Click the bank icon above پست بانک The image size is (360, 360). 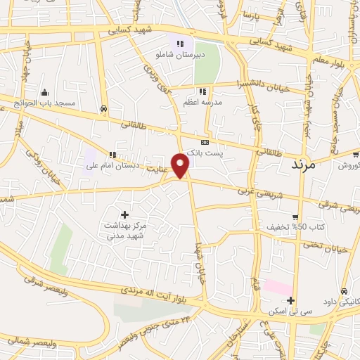[x=205, y=142]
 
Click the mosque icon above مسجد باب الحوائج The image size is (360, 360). [x=46, y=92]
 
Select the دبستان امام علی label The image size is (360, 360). [x=113, y=167]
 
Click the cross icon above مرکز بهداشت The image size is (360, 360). [x=125, y=214]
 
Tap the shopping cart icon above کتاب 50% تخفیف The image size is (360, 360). [x=296, y=217]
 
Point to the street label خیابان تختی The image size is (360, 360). [x=330, y=243]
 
